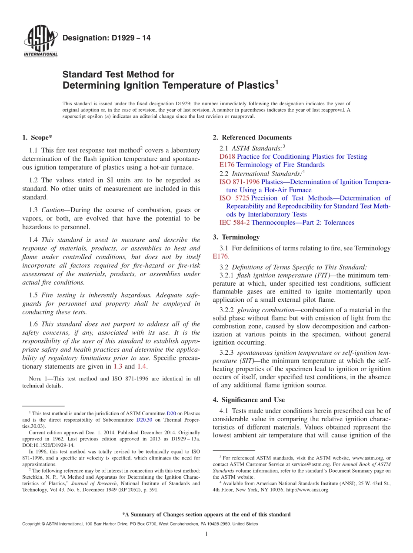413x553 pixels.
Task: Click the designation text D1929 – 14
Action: (x=107, y=38)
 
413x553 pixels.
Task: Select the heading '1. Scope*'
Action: (x=37, y=138)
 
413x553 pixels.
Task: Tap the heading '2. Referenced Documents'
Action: (x=252, y=138)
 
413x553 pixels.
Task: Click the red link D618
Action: (x=227, y=157)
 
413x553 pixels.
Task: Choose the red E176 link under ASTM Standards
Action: (x=227, y=165)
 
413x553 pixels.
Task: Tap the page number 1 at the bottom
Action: (x=206, y=534)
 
